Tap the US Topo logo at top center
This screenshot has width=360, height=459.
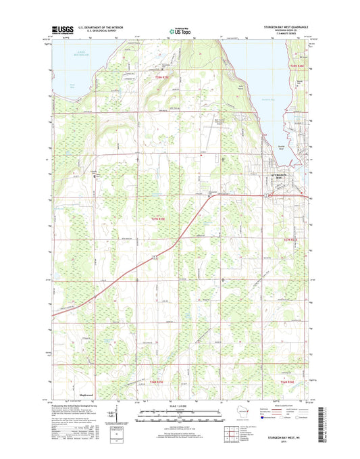180,30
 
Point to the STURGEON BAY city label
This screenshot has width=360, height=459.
279,175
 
